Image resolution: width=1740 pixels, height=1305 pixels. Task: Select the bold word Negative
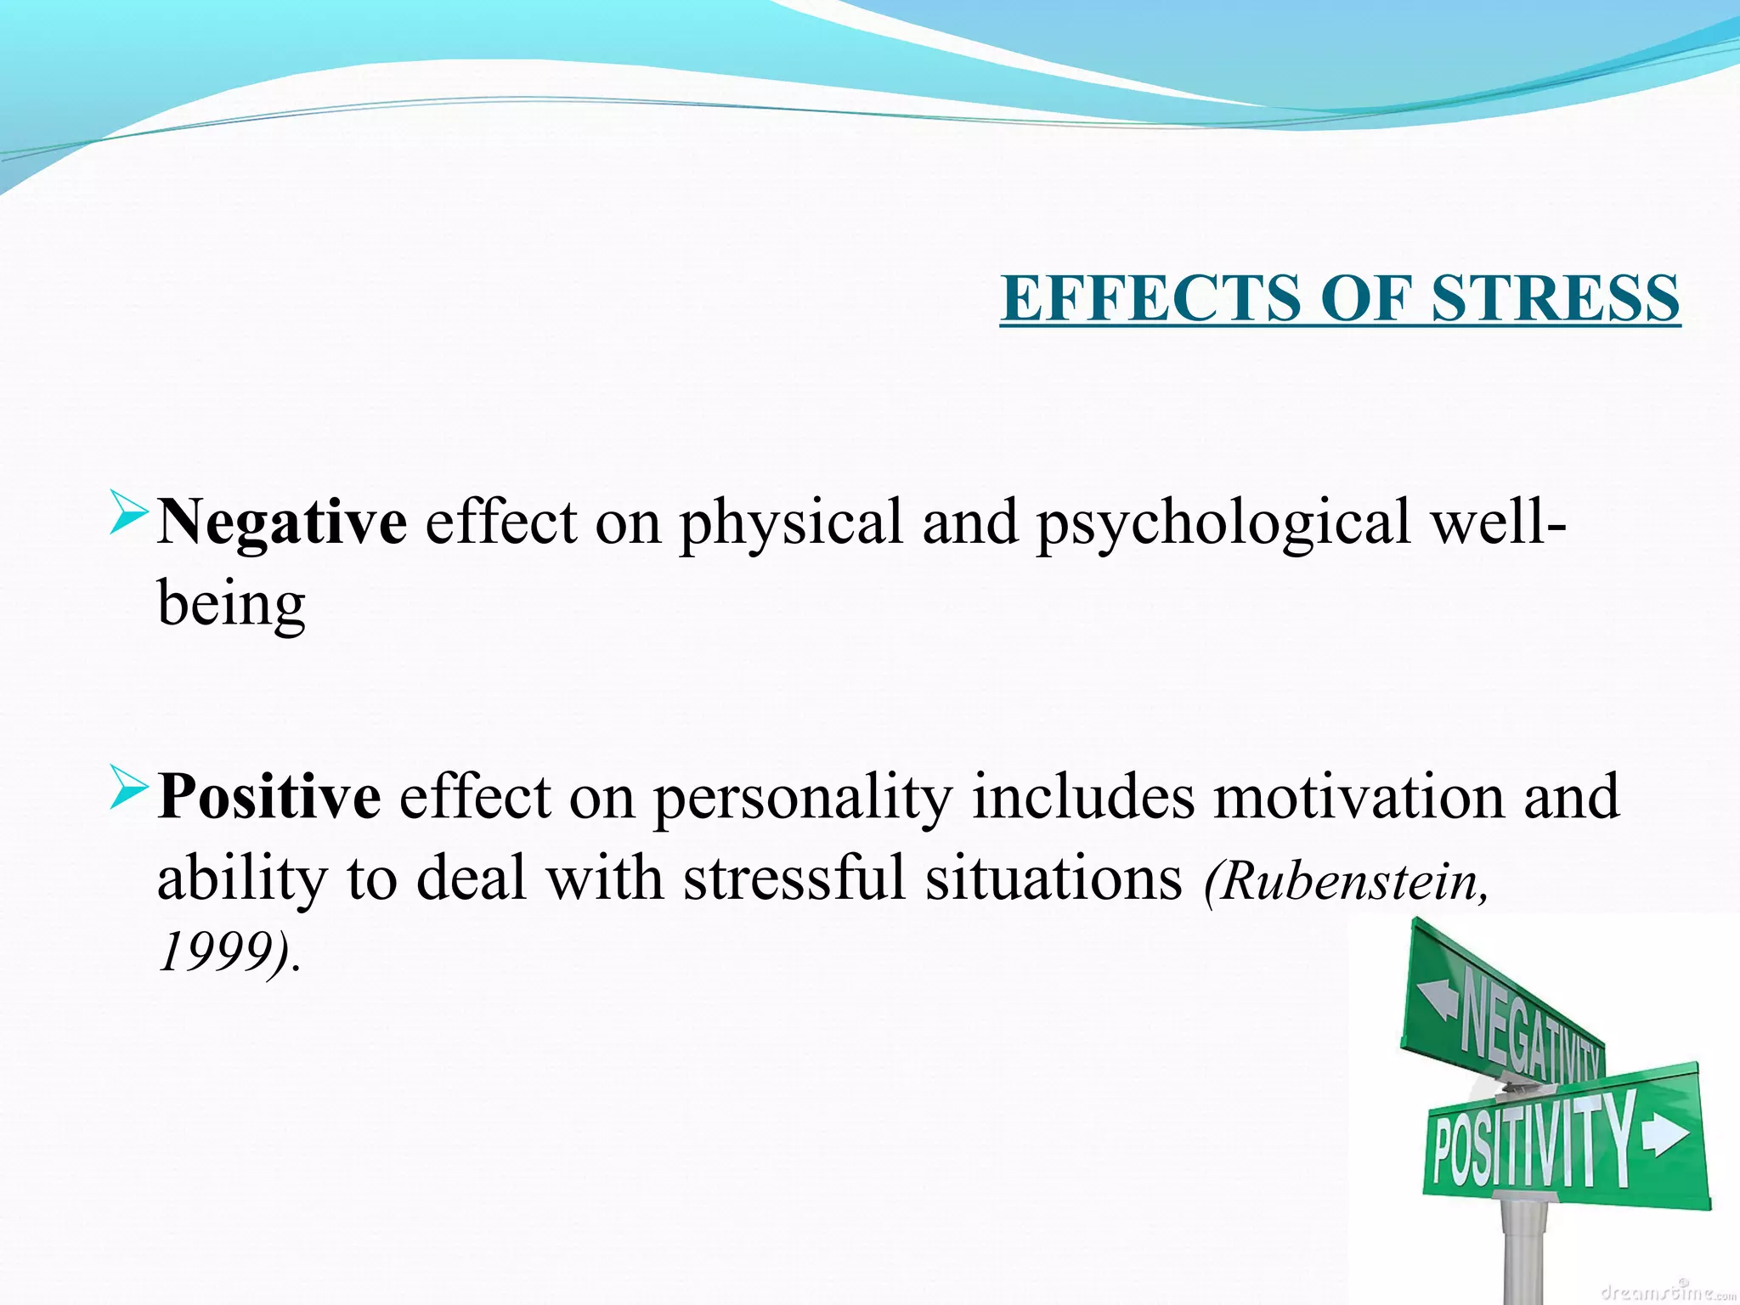(x=282, y=522)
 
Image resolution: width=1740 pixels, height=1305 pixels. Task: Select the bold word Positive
(x=269, y=797)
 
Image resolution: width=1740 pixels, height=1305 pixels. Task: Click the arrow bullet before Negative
(x=129, y=517)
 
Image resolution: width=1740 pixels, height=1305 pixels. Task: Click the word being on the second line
(x=231, y=605)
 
